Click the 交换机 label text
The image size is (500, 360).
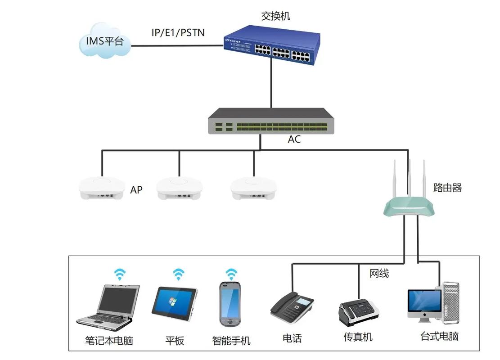pyautogui.click(x=276, y=16)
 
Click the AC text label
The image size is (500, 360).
pyautogui.click(x=294, y=139)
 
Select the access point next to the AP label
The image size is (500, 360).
pyautogui.click(x=102, y=189)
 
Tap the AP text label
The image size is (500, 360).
pyautogui.click(x=136, y=190)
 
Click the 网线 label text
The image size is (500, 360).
pyautogui.click(x=379, y=273)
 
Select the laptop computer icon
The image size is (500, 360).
pyautogui.click(x=107, y=306)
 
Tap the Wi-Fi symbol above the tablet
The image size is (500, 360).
pyautogui.click(x=179, y=274)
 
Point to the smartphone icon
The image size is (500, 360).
pyautogui.click(x=230, y=304)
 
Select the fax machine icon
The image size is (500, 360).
pyautogui.click(x=358, y=312)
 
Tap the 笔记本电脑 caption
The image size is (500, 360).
pyautogui.click(x=109, y=340)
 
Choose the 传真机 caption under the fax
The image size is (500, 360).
pyautogui.click(x=358, y=337)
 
